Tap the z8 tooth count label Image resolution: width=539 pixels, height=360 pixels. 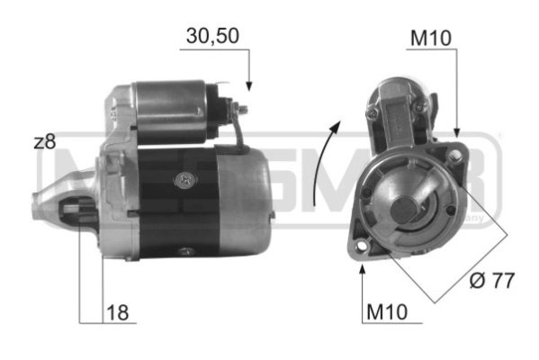(44, 141)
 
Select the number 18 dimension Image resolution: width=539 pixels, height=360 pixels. (118, 312)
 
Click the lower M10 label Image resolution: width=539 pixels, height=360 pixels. (387, 312)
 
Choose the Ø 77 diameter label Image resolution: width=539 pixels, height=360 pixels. (491, 281)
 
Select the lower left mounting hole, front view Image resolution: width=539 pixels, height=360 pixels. (362, 247)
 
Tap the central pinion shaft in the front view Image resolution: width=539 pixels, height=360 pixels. (404, 209)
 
